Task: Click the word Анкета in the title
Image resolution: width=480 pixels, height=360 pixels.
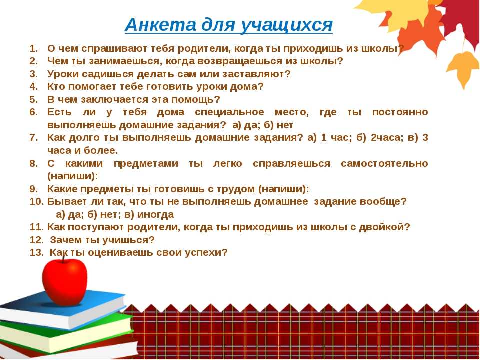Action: click(x=161, y=25)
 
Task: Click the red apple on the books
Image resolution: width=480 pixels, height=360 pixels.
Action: click(x=64, y=281)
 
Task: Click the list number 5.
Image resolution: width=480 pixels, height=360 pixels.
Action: click(x=34, y=100)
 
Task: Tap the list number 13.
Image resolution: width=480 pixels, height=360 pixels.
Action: click(x=37, y=253)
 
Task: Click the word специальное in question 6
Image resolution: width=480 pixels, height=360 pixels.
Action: click(x=229, y=112)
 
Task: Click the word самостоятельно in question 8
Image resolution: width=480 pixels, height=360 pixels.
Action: click(x=384, y=164)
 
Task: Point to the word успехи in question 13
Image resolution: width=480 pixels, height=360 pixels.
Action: click(x=206, y=253)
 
